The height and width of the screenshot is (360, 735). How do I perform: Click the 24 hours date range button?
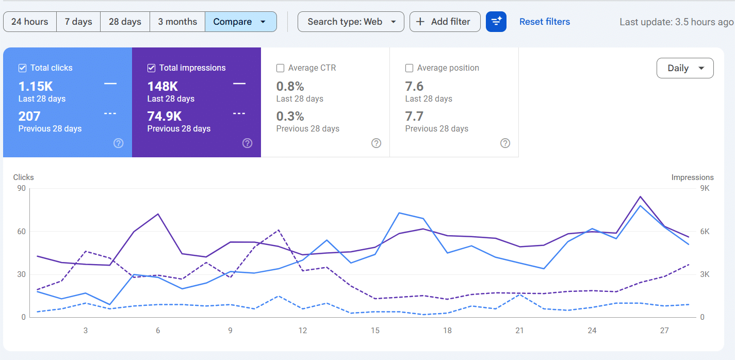pos(29,22)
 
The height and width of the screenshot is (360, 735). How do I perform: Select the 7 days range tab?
pos(78,22)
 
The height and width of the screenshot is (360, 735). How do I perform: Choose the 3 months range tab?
pos(177,22)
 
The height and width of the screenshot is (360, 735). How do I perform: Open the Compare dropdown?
pos(240,22)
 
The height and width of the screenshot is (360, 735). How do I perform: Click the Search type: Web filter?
pos(351,22)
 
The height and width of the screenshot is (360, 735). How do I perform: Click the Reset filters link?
pos(544,22)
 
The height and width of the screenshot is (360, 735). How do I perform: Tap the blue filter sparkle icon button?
pos(496,22)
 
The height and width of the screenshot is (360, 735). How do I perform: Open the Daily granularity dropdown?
pos(685,68)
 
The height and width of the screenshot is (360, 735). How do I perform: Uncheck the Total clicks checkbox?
pos(22,68)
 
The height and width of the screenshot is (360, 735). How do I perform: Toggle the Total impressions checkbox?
pos(151,68)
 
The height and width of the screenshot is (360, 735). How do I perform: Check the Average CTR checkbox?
pos(280,68)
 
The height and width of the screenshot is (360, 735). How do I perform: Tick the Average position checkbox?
pos(409,68)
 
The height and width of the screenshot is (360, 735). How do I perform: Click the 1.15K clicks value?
pos(36,86)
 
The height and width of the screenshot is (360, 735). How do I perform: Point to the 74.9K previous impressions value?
pos(165,116)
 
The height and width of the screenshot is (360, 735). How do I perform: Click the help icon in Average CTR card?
pos(376,143)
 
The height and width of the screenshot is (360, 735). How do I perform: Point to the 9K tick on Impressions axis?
pos(705,188)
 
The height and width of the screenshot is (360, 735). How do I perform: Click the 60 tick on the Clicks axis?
pos(21,232)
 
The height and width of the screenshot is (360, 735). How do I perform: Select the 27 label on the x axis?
pos(664,331)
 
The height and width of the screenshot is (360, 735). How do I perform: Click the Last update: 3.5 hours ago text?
pos(676,22)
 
